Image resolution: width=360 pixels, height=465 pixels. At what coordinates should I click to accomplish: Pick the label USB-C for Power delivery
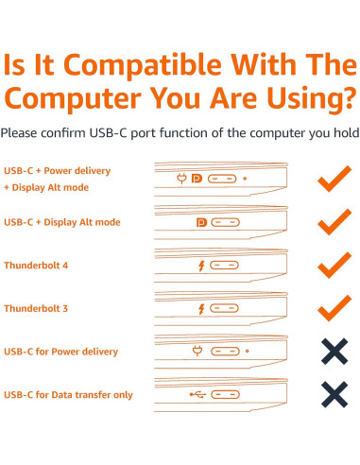click(61, 352)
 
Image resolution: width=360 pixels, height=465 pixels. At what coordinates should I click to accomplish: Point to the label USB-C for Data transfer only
click(67, 394)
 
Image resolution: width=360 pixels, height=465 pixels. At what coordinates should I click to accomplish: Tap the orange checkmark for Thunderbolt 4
click(334, 265)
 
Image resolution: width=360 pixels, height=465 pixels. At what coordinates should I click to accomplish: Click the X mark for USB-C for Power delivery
click(334, 352)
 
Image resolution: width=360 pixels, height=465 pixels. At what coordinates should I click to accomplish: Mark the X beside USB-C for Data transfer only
click(334, 394)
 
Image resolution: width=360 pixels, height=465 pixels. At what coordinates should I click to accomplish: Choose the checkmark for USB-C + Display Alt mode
click(334, 222)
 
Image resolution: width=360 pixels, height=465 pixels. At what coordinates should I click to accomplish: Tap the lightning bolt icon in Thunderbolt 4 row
click(200, 267)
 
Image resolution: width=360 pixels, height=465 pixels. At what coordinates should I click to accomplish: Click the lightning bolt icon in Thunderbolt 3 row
click(200, 309)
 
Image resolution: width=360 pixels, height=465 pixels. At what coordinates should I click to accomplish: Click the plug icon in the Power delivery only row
click(197, 352)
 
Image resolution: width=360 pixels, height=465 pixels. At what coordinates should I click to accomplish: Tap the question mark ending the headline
click(347, 100)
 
